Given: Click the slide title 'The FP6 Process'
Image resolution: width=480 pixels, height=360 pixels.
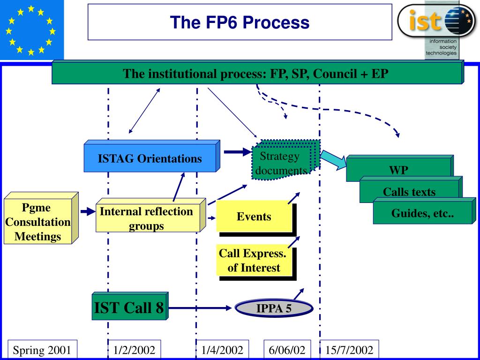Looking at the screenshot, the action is click(x=240, y=22).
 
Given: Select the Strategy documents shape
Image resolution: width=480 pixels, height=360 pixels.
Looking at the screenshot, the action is click(x=285, y=159).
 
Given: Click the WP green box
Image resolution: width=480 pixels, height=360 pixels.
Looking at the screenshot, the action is click(x=400, y=168).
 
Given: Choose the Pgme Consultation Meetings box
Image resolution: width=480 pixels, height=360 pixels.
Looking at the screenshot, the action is click(x=41, y=218).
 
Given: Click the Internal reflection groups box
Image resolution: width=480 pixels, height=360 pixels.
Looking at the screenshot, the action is click(x=150, y=215).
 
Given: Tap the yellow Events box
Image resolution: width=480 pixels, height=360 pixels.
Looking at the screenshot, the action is click(x=256, y=218).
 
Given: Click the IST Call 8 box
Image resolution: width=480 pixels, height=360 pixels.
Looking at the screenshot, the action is click(x=130, y=306).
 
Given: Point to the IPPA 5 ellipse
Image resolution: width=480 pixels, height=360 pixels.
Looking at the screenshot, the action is click(x=274, y=308).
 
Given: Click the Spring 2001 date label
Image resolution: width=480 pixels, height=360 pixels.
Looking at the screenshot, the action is click(x=42, y=350).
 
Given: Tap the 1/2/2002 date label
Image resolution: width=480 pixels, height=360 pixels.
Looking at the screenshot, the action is click(x=134, y=350).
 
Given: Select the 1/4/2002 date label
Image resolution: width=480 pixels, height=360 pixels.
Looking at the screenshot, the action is click(x=222, y=350).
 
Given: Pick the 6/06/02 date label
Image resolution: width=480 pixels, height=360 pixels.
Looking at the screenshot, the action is click(x=287, y=350).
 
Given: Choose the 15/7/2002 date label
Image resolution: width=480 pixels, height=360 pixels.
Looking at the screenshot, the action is click(x=349, y=350).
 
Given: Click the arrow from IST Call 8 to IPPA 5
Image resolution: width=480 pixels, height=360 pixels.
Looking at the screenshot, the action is click(x=200, y=308).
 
